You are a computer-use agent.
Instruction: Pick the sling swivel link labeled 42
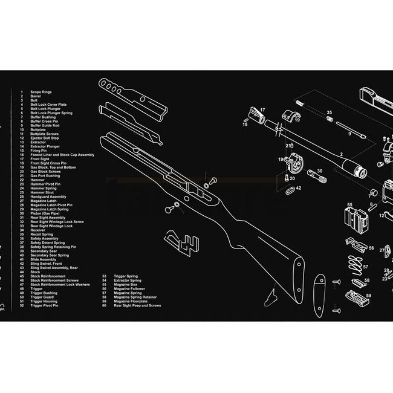click(291, 188)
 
